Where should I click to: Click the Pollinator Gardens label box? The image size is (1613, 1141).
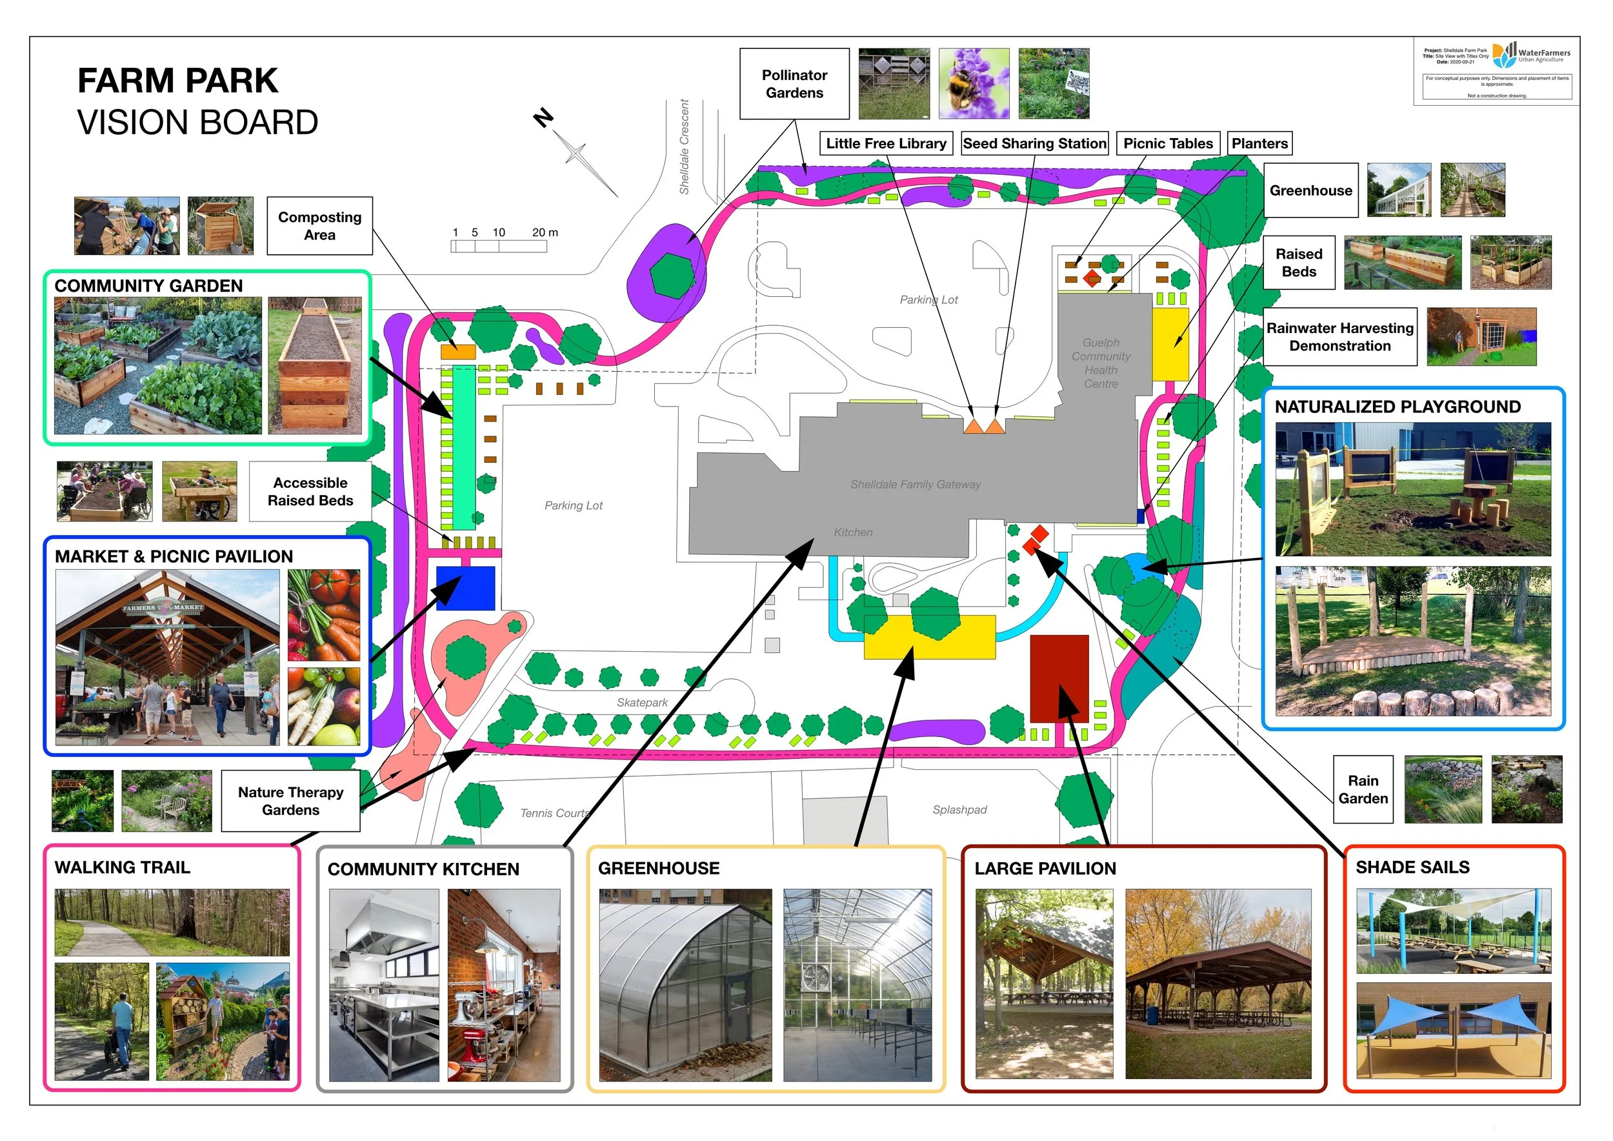pyautogui.click(x=794, y=84)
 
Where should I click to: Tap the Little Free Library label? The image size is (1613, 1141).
pyautogui.click(x=885, y=143)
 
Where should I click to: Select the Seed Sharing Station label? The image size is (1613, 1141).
pyautogui.click(x=1034, y=143)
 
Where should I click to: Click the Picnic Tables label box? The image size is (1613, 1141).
pyautogui.click(x=1168, y=143)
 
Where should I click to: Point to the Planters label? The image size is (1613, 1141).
pyautogui.click(x=1259, y=143)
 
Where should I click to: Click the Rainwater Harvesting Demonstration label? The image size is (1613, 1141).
pyautogui.click(x=1339, y=336)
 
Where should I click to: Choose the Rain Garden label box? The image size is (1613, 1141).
pyautogui.click(x=1362, y=789)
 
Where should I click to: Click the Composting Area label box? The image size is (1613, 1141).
pyautogui.click(x=319, y=225)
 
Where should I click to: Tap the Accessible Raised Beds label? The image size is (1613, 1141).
pyautogui.click(x=310, y=491)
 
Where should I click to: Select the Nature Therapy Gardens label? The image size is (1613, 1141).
pyautogui.click(x=290, y=800)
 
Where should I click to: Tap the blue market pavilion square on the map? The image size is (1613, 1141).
pyautogui.click(x=465, y=588)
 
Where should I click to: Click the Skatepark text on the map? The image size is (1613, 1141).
pyautogui.click(x=641, y=702)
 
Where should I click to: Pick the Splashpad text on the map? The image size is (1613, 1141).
pyautogui.click(x=959, y=809)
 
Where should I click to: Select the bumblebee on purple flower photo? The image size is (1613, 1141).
pyautogui.click(x=973, y=84)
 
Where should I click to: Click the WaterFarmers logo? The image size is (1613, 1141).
pyautogui.click(x=1530, y=55)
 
